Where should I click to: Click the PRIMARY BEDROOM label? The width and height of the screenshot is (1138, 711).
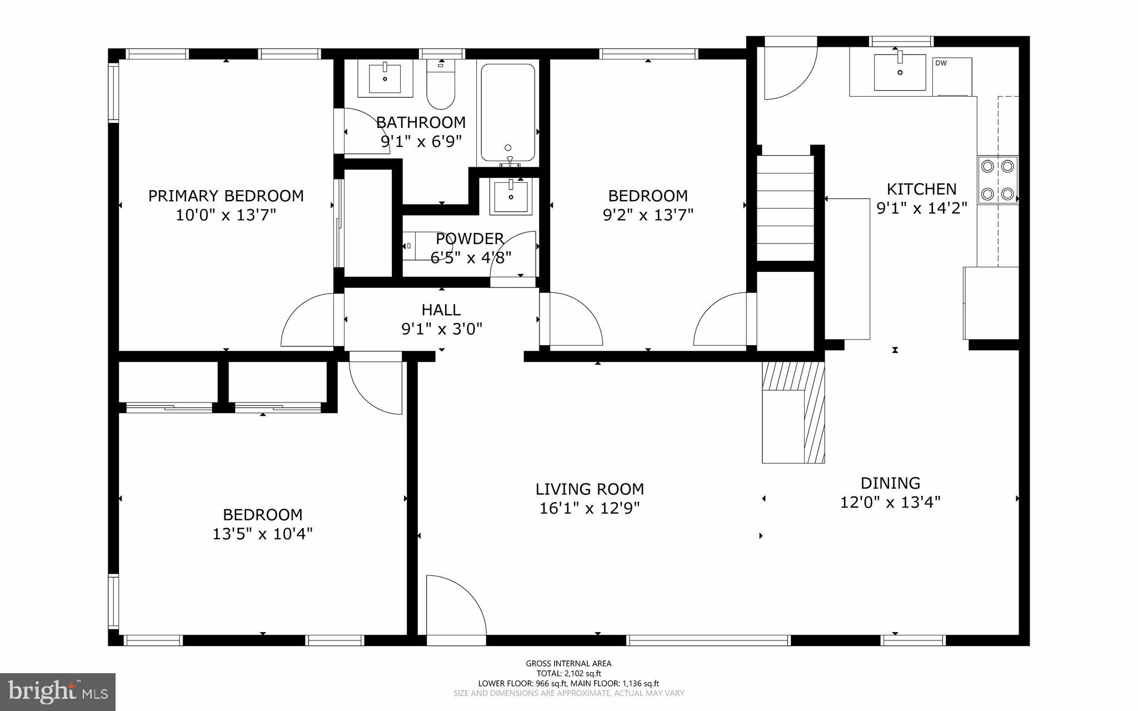click(226, 196)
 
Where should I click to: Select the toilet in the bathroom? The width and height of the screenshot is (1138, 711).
click(441, 89)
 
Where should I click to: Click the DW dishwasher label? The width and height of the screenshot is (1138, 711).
click(941, 63)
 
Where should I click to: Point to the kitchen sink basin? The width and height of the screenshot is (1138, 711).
click(900, 72)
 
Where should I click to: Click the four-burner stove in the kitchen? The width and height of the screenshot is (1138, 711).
click(997, 180)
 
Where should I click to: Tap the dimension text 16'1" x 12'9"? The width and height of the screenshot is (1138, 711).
click(590, 509)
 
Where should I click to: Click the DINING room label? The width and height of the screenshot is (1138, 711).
click(890, 483)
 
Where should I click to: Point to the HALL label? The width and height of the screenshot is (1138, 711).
click(441, 310)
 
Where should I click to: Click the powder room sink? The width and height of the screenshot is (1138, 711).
click(511, 196)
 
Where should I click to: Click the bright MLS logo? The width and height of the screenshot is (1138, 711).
click(57, 692)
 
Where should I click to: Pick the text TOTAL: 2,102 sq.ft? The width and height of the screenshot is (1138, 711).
click(568, 673)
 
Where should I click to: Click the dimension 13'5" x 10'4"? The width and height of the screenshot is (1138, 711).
click(262, 534)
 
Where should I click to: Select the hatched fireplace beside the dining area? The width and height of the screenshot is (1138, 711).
click(793, 411)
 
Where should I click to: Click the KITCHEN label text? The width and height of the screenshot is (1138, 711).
click(921, 189)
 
